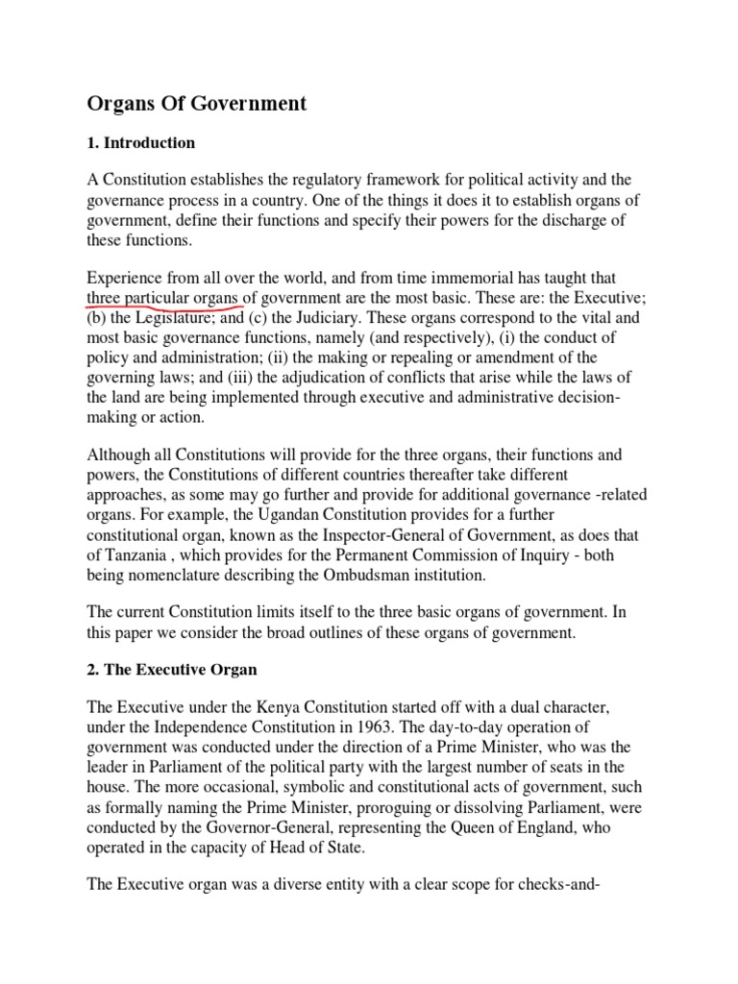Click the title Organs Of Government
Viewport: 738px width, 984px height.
[x=197, y=104]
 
